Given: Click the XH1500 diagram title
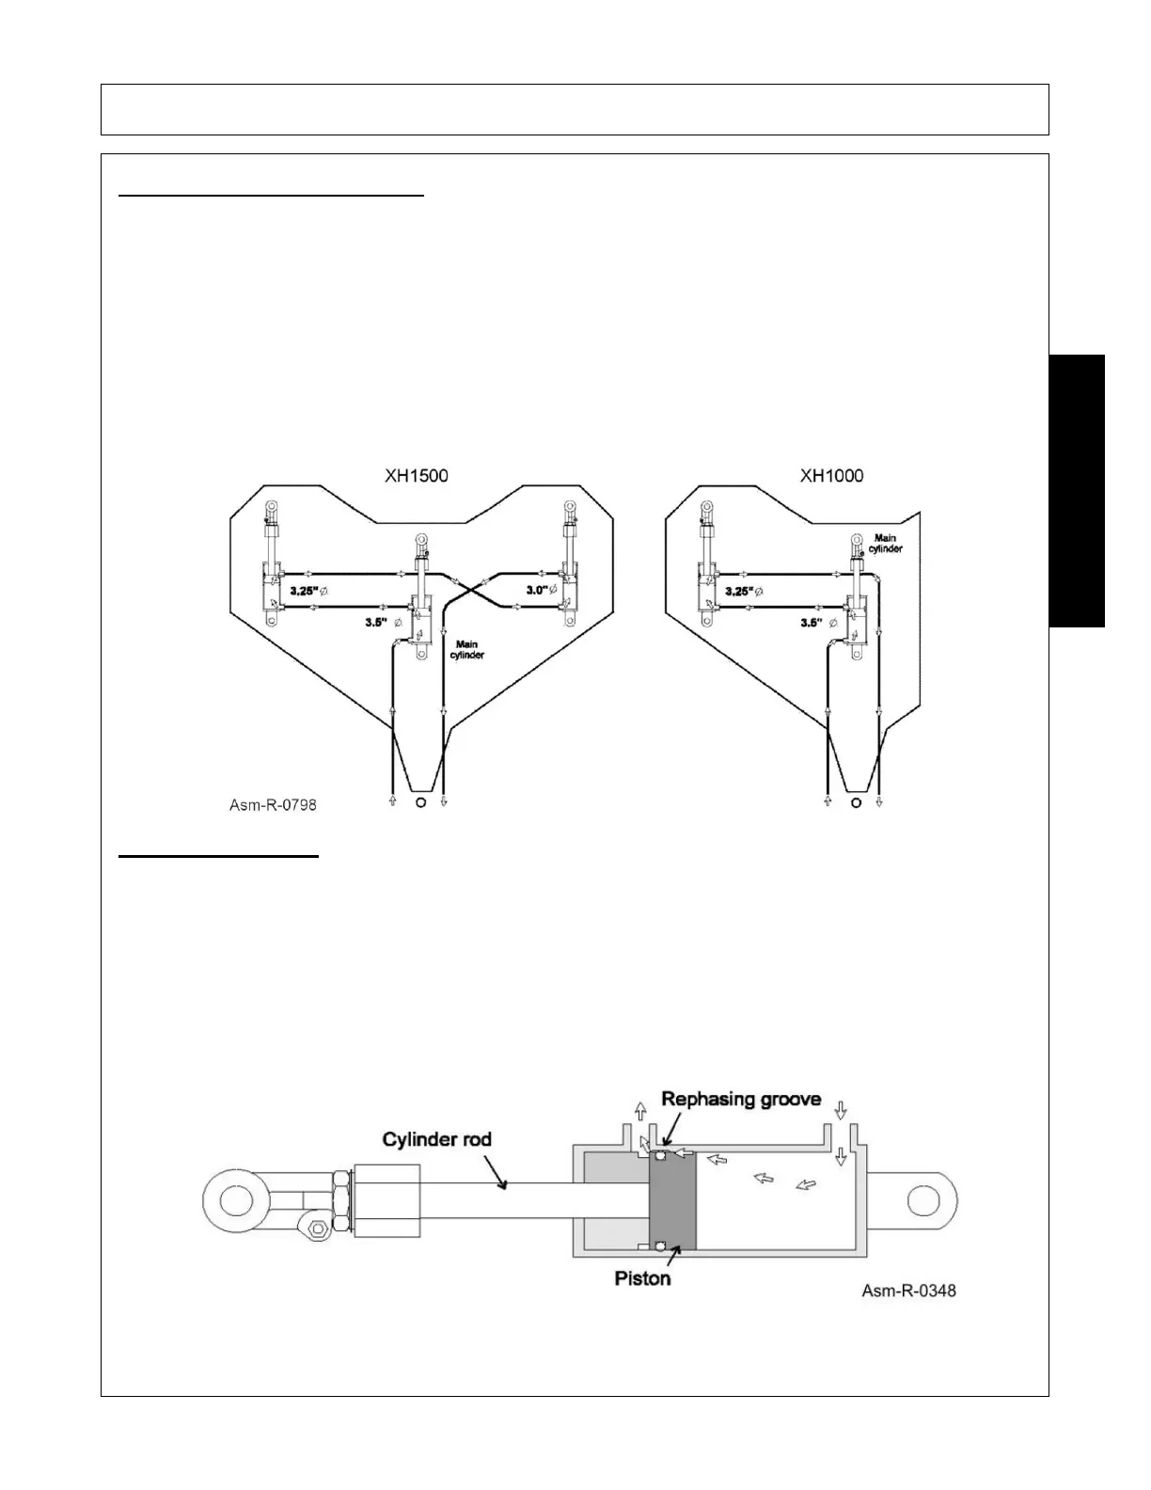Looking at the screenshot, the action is (416, 476).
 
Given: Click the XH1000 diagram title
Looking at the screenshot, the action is (831, 476).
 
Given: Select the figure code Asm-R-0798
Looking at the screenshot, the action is (273, 805).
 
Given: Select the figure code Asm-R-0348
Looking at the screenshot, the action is (908, 1291).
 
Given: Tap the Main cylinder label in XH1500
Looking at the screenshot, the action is (467, 649).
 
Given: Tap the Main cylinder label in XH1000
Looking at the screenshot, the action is (885, 543).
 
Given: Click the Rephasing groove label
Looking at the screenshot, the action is (741, 1099).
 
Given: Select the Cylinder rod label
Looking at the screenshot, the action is (436, 1139).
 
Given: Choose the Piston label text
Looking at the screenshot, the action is (642, 1279).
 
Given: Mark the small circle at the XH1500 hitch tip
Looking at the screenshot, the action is (418, 802).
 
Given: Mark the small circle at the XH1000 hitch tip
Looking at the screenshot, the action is (855, 802).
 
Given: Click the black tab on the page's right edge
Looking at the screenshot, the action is (1078, 490).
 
